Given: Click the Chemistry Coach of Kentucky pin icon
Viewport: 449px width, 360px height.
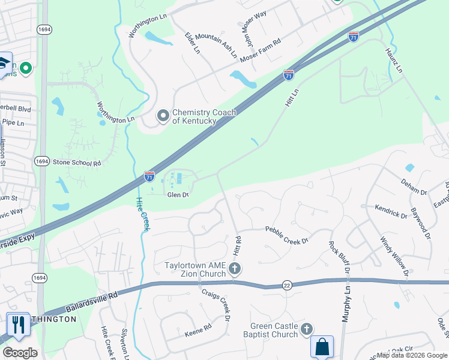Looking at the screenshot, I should (x=163, y=116).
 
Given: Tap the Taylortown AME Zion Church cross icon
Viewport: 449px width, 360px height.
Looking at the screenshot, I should (x=235, y=269).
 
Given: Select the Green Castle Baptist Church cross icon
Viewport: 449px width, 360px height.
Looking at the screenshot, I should (x=307, y=329).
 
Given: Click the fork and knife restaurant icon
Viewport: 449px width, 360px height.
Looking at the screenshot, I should (x=18, y=325).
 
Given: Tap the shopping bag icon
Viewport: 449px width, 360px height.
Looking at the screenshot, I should (x=322, y=347).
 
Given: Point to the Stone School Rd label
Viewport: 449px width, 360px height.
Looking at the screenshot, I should (x=76, y=163).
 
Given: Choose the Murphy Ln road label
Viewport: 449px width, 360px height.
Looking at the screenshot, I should (x=346, y=304).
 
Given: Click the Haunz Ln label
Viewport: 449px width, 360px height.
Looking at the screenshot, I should (x=393, y=60).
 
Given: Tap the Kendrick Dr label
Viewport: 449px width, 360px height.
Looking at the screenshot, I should (x=391, y=212).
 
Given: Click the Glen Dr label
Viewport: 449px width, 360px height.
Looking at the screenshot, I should (x=178, y=194).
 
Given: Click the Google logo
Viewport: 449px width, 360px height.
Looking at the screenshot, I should (x=20, y=353).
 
